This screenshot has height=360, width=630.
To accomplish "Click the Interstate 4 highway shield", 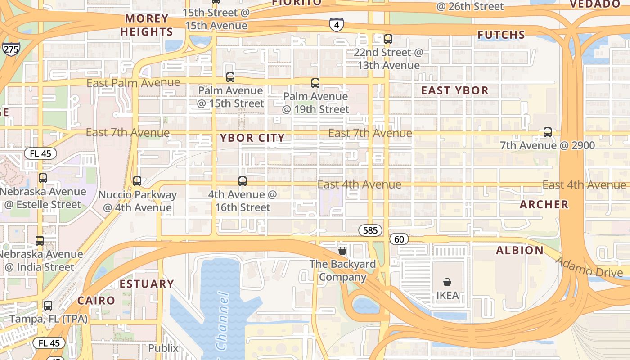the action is point(337,25).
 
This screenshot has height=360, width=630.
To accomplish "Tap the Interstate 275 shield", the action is point(11,49).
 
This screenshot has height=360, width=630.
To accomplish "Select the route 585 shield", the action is point(370,230).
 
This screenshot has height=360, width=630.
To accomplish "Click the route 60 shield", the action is point(399,239).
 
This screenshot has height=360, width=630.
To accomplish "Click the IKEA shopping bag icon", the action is point(447,282).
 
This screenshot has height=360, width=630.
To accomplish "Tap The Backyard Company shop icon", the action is point(342,250).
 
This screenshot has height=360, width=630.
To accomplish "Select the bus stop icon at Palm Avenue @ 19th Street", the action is point(315,83).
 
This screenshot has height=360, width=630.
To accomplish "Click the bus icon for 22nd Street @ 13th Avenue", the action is point(388,39).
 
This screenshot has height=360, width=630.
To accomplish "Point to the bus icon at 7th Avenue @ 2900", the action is point(548,132).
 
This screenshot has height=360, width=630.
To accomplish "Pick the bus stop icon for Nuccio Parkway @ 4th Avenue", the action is point(137,181).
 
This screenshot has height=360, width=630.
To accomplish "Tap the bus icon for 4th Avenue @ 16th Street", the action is point(243,181).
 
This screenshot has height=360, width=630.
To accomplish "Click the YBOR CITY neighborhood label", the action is point(252,138).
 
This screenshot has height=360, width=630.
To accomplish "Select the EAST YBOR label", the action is point(454,90).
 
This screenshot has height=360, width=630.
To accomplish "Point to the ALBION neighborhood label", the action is point(520,251).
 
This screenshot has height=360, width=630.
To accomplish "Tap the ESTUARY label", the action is point(147,284).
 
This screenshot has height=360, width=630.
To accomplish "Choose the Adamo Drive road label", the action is point(589,266).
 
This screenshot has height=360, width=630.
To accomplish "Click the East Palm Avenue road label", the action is point(133,83).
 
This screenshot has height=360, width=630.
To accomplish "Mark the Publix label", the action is point(163,348).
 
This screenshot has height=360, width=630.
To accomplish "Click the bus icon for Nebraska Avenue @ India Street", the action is point(40,241).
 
